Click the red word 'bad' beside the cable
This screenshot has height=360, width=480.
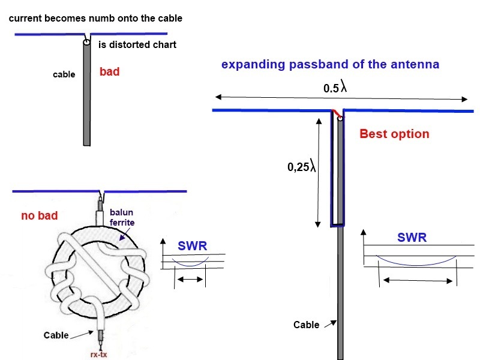(109, 72)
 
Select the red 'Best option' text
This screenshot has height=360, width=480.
(394, 134)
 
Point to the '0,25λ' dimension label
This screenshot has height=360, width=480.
(301, 167)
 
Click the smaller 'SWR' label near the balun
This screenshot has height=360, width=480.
(192, 246)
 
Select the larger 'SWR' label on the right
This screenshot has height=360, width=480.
(412, 238)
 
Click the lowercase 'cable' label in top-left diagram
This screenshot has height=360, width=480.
(64, 75)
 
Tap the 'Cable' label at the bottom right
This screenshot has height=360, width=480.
(306, 325)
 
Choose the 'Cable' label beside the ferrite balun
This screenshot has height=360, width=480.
(56, 335)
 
